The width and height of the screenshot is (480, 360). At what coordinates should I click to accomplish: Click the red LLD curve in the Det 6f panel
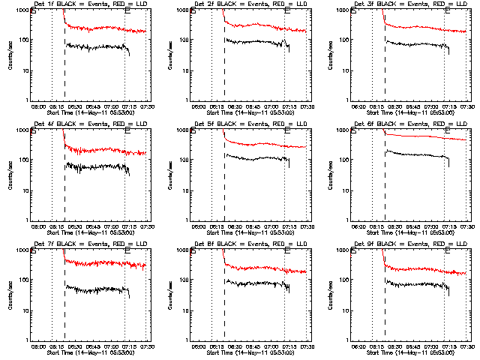tap(420, 136)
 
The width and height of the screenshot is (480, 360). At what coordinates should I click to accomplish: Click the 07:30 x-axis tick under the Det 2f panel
tap(306, 107)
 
